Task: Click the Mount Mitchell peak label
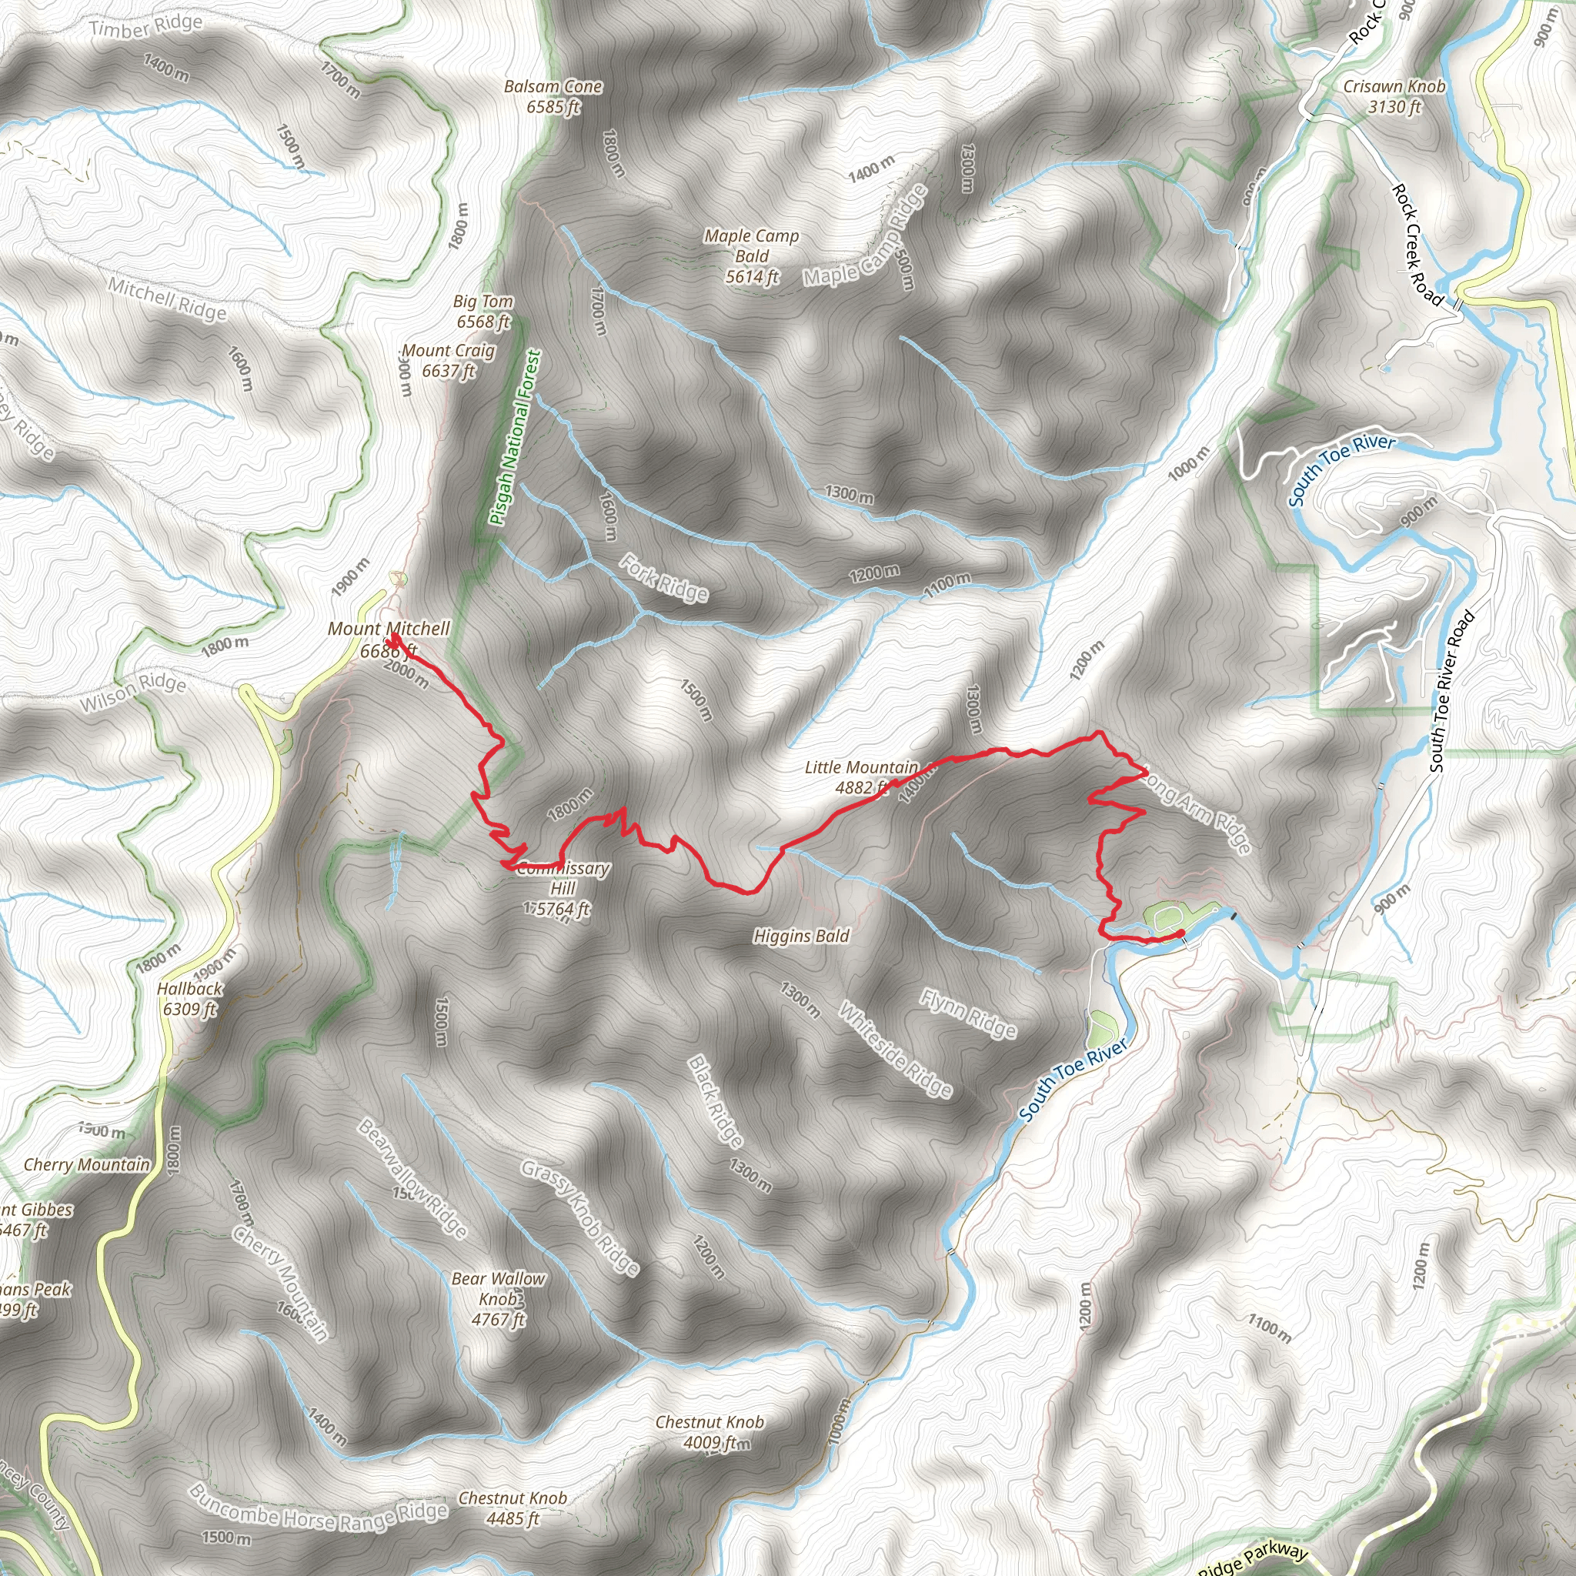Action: pos(389,639)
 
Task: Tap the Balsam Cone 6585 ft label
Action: pos(553,96)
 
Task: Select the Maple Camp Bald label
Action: pos(751,256)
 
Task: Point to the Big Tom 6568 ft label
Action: pos(483,312)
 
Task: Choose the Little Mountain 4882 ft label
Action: pos(860,776)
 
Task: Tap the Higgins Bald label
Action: pos(801,936)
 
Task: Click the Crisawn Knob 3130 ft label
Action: pos(1394,96)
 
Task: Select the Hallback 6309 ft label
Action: pos(189,998)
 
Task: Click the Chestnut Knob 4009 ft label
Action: pos(710,1431)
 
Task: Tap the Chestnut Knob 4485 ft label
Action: pos(513,1508)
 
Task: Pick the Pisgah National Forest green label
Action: pos(515,438)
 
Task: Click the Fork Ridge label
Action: pos(664,578)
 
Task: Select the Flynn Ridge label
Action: pos(968,1013)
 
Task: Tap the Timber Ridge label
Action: pos(145,27)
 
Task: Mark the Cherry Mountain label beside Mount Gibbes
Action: pos(86,1165)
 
